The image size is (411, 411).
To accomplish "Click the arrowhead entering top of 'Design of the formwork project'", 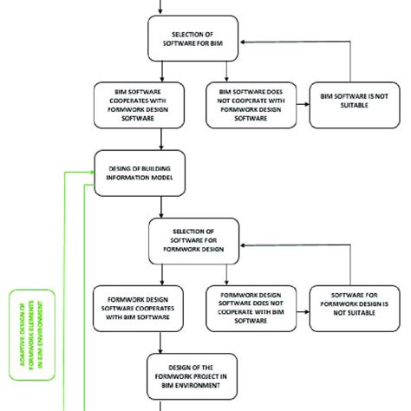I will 161,349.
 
